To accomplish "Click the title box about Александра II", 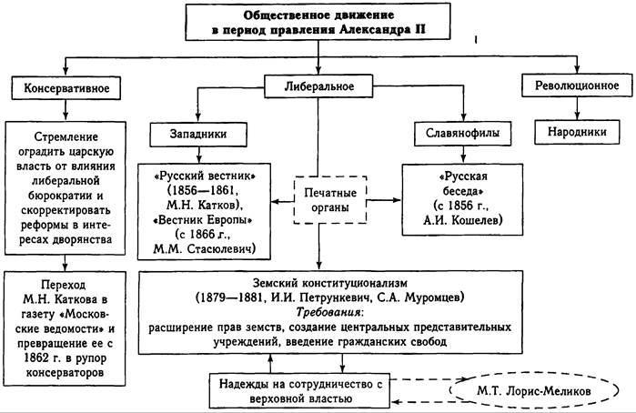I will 318,23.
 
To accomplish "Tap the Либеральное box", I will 318,87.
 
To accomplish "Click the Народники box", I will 575,131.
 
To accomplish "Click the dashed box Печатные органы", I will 328,198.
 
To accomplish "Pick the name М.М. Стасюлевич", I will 207,248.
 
